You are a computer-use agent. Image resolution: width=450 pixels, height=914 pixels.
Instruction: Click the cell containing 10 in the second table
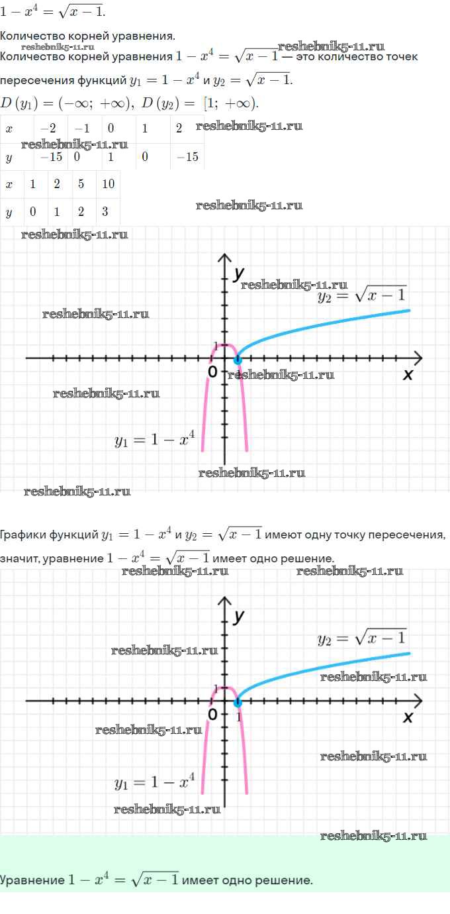pos(109,185)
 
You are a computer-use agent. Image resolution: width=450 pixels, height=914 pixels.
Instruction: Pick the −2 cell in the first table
pos(48,128)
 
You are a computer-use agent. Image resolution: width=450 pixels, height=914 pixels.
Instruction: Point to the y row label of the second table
pos(9,213)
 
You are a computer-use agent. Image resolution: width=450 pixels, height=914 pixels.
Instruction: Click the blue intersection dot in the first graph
pos(238,360)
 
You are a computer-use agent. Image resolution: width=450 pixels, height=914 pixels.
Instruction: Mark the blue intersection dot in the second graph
pos(238,702)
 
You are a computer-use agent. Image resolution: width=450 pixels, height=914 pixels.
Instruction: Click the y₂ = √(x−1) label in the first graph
pos(362,295)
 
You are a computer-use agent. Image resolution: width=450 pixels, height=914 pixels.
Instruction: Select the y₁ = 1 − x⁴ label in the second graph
pos(154,782)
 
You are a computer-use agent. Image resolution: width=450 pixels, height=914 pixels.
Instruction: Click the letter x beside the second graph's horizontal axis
pos(408,717)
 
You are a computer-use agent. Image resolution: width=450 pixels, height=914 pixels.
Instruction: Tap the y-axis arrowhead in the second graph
pos(225,603)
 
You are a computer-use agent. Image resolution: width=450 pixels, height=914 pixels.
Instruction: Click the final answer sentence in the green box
pos(156,880)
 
